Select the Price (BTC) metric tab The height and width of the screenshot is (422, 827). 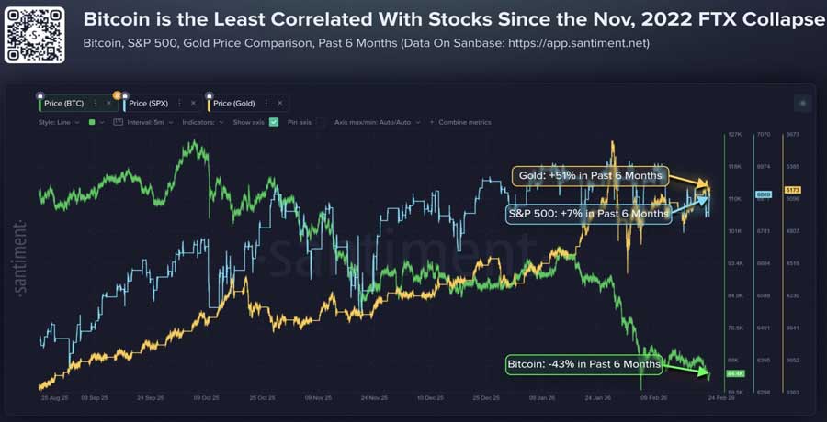pyautogui.click(x=63, y=104)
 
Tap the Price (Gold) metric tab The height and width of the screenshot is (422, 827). pyautogui.click(x=235, y=104)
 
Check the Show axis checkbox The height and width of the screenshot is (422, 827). pyautogui.click(x=274, y=122)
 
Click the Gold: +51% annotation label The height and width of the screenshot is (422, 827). pyautogui.click(x=589, y=175)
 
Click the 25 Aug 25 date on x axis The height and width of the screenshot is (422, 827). pyautogui.click(x=53, y=398)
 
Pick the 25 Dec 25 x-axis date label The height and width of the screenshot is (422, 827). pyautogui.click(x=486, y=398)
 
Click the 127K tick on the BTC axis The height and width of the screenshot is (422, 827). pyautogui.click(x=733, y=135)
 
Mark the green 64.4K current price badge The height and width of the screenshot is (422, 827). pyautogui.click(x=734, y=373)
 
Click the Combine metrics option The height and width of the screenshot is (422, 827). pyautogui.click(x=464, y=122)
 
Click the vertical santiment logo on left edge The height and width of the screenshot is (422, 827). pyautogui.click(x=21, y=258)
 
